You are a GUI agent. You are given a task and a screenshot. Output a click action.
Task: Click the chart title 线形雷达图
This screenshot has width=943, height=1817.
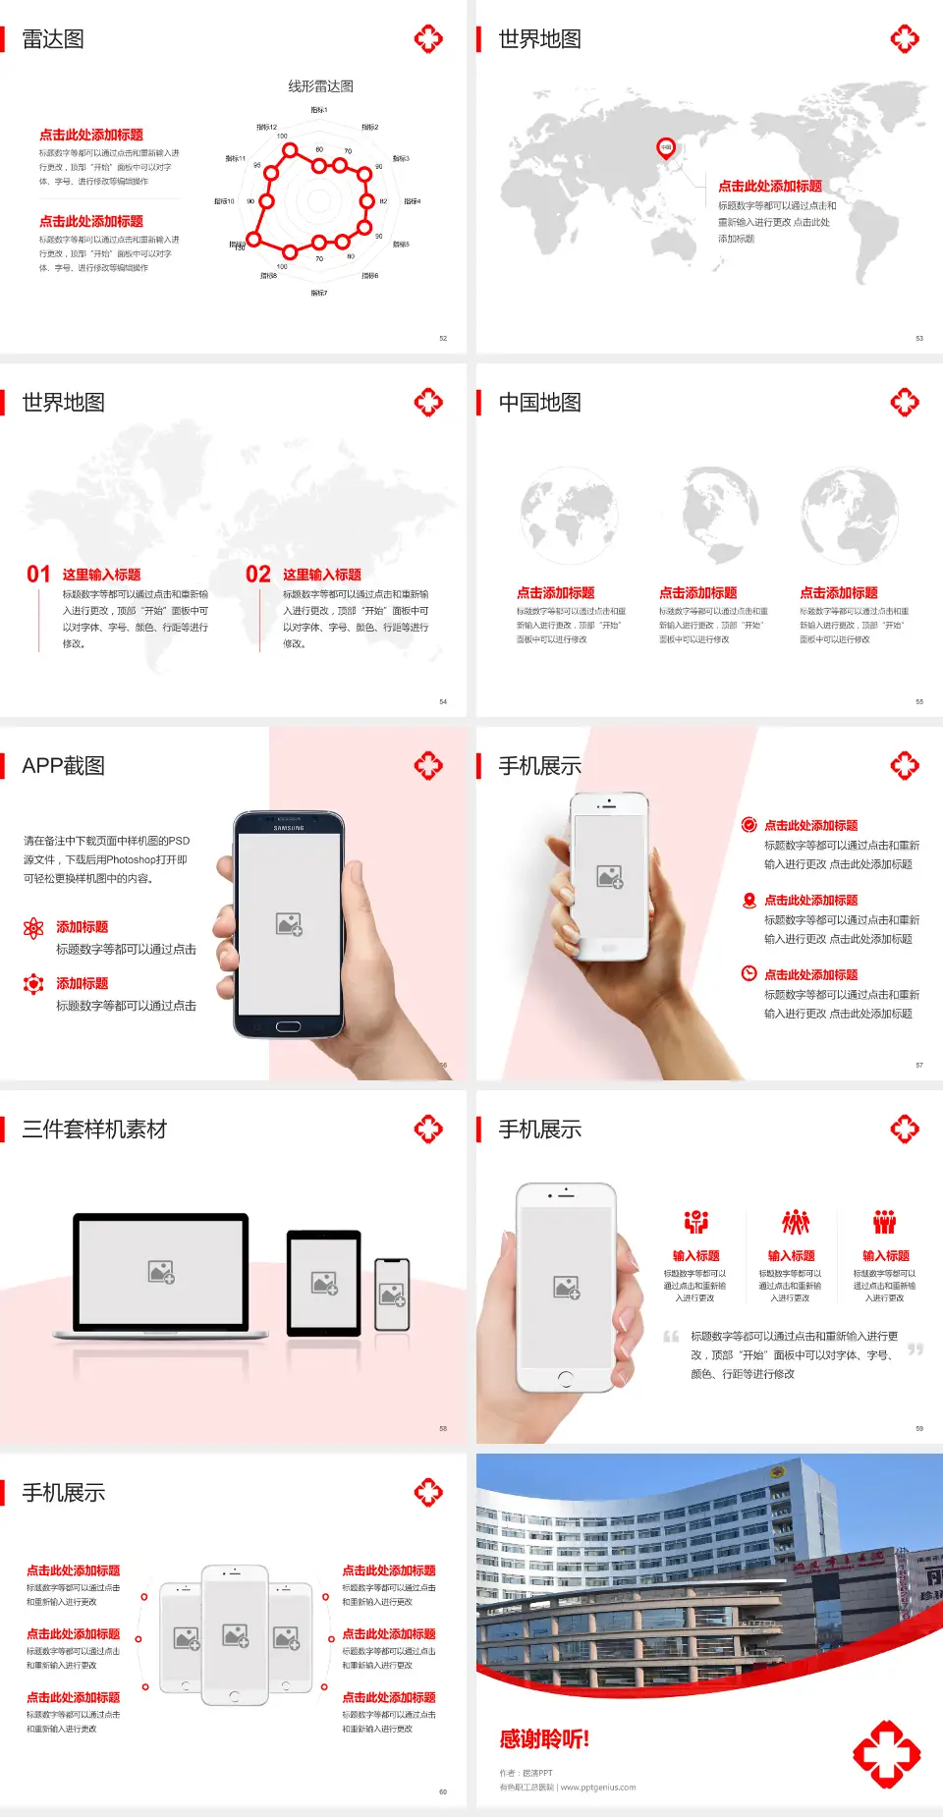320,86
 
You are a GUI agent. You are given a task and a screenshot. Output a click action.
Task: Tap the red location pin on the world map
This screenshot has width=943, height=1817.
665,148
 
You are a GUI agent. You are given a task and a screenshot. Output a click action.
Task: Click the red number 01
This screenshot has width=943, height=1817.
38,575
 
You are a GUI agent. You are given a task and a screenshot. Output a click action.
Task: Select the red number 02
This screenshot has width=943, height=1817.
258,575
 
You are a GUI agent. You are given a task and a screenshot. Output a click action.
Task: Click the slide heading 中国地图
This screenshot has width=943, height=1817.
539,403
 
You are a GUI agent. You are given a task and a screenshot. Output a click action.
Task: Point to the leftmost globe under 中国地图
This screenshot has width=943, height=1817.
569,516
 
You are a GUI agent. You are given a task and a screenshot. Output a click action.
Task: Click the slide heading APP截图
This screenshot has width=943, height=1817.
64,766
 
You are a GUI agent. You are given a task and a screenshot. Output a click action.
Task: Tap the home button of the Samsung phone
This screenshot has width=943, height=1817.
288,1026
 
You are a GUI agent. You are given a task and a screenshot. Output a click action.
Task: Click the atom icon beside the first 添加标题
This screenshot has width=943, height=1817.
33,927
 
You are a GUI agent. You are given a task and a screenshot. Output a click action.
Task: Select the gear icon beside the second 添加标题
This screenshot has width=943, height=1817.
33,983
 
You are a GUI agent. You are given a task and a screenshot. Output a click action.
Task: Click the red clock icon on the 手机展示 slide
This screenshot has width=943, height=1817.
749,973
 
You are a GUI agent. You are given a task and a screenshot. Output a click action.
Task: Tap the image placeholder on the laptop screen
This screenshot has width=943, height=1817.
161,1272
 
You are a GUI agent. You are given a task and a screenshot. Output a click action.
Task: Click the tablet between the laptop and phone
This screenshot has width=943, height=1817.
324,1282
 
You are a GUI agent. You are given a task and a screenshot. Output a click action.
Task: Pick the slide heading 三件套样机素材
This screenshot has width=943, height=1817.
94,1129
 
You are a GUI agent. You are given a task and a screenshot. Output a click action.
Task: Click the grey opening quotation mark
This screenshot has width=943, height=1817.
671,1337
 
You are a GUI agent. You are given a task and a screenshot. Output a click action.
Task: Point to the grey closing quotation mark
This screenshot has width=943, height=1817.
915,1349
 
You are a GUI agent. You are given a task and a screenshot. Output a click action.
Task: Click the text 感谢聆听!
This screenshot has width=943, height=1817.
544,1739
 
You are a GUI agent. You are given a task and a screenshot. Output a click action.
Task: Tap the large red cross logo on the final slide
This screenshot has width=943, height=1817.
886,1753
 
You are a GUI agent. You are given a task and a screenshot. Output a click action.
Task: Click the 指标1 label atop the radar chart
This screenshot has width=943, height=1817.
319,110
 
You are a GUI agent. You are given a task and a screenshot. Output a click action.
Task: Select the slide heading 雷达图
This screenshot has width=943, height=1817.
53,39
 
